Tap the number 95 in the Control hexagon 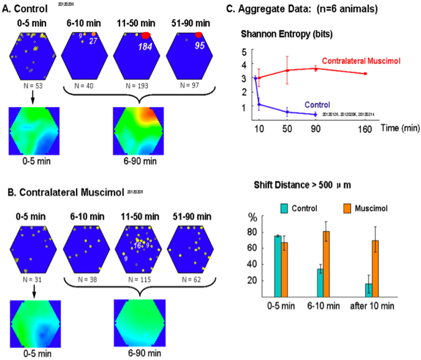194,46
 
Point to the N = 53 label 31,81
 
